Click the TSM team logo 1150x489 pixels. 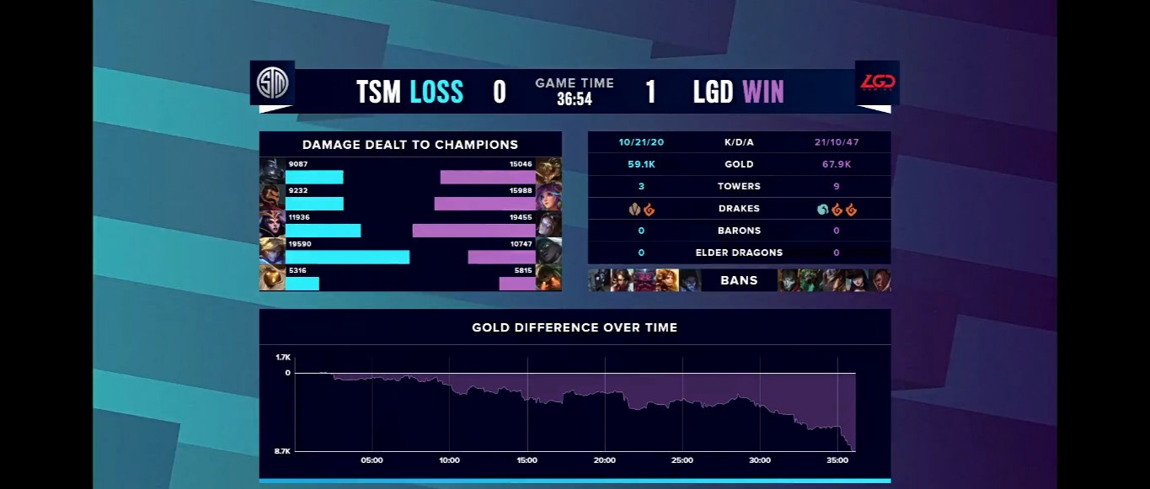pyautogui.click(x=272, y=82)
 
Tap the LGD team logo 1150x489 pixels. pyautogui.click(x=877, y=82)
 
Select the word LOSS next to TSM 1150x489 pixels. pyautogui.click(x=436, y=91)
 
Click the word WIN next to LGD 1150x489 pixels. pyautogui.click(x=762, y=91)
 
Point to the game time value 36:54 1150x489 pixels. pyautogui.click(x=575, y=99)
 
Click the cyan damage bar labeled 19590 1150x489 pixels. pyautogui.click(x=347, y=257)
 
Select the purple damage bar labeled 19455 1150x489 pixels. pyautogui.click(x=473, y=230)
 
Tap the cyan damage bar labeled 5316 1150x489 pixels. pyautogui.click(x=302, y=284)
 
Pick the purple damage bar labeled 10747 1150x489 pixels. pyautogui.click(x=501, y=257)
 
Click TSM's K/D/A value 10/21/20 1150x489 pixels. pyautogui.click(x=641, y=142)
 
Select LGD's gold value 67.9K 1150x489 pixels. pyautogui.click(x=837, y=164)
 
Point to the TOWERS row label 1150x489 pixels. pyautogui.click(x=739, y=186)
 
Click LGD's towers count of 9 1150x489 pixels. pyautogui.click(x=837, y=186)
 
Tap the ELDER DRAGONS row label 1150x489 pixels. pyautogui.click(x=739, y=252)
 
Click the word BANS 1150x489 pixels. pyautogui.click(x=739, y=280)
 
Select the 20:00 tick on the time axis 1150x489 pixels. pyautogui.click(x=604, y=460)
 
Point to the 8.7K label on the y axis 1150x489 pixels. pyautogui.click(x=282, y=452)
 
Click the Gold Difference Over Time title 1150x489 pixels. pyautogui.click(x=575, y=327)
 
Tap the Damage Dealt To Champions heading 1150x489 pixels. pyautogui.click(x=410, y=145)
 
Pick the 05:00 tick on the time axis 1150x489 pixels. pyautogui.click(x=372, y=460)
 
